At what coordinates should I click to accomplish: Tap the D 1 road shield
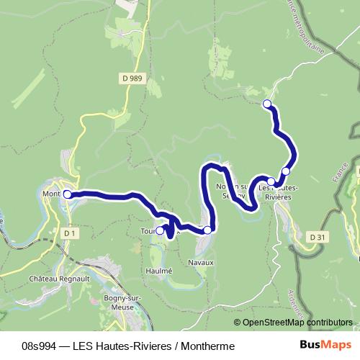click(69, 233)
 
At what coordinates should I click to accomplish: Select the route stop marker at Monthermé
click(67, 194)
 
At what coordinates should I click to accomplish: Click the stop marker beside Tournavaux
click(160, 231)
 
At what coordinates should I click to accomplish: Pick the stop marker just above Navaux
click(207, 230)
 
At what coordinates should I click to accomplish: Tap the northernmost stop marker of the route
click(267, 104)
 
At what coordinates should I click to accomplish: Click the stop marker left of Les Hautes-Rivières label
click(271, 181)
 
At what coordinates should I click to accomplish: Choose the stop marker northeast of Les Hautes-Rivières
click(286, 171)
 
